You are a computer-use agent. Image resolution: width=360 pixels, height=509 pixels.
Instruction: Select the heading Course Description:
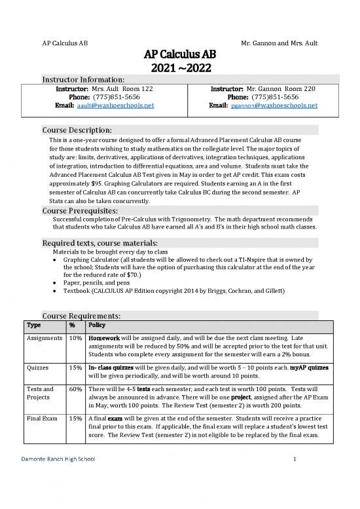point(76,128)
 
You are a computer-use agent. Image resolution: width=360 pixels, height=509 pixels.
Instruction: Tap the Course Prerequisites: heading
point(79,211)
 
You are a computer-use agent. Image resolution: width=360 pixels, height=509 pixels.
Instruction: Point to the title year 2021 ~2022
point(179,67)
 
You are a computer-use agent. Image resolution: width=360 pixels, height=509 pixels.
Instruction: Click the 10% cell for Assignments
point(75,339)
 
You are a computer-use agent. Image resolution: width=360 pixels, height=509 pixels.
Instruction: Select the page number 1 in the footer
point(295,495)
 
